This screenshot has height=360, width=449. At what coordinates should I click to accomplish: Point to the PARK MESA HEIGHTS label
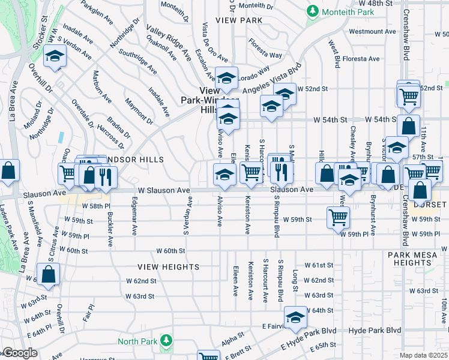point(417,259)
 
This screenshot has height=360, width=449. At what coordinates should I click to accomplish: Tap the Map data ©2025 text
point(423,355)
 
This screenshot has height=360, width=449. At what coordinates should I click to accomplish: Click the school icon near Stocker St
point(55,57)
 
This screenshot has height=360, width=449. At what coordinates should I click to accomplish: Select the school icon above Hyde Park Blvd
point(295,317)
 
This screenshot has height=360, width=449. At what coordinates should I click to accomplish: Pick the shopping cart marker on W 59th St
point(338,217)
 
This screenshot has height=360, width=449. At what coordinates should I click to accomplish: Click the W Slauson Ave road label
point(164,190)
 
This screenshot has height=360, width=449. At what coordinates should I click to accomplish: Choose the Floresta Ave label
point(361,59)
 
